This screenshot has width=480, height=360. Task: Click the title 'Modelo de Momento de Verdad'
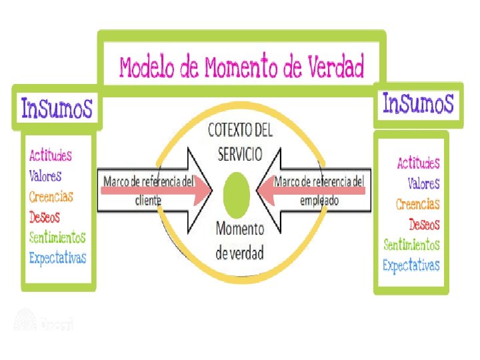point(241,67)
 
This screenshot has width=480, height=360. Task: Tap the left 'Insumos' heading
point(57,107)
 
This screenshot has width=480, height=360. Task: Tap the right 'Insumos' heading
point(418,103)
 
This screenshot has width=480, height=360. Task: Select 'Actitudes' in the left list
point(51,155)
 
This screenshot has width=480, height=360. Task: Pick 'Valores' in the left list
point(45,176)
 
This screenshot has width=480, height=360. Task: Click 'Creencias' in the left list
point(51,197)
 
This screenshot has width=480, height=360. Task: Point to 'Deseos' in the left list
point(45,217)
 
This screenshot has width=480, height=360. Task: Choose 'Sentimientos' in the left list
point(57,237)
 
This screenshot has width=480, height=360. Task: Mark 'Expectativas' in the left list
point(57,257)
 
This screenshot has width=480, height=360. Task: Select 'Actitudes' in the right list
point(418,163)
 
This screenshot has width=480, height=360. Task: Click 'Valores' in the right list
point(423,183)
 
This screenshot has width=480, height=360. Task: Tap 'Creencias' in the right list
point(417,203)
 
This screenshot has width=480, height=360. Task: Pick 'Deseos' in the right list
point(424,224)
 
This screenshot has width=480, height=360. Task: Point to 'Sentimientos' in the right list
point(411,245)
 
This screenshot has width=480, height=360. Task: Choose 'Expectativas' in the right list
point(411,265)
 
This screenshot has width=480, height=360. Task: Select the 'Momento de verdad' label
point(240,241)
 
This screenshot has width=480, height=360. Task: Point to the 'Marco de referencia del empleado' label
point(320,190)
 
